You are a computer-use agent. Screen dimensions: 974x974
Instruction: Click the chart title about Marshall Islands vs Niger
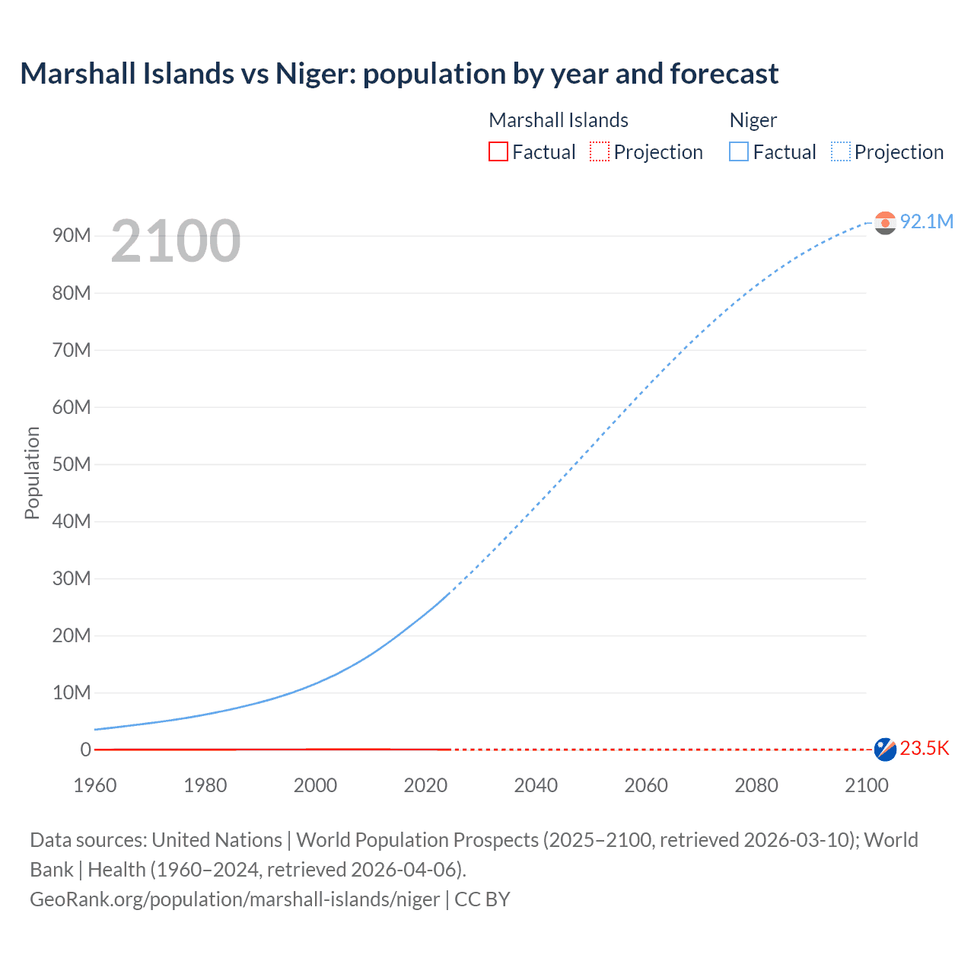tap(399, 74)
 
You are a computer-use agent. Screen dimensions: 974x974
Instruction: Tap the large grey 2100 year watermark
tap(176, 241)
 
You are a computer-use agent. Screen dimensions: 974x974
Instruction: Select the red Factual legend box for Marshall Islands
tap(498, 151)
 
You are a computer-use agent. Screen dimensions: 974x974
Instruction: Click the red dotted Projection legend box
tap(600, 151)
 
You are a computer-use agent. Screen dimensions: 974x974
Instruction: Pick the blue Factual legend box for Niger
tap(739, 151)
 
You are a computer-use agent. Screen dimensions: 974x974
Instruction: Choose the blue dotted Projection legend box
tap(841, 151)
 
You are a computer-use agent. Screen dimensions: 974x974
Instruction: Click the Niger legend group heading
tap(753, 120)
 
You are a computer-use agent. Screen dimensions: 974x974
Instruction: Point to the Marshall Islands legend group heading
tap(558, 120)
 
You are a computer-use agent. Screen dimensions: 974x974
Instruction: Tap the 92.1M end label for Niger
tap(926, 221)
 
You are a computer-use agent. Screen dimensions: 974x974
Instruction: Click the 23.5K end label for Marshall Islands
tap(924, 749)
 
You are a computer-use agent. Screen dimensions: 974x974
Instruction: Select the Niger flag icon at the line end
tap(885, 222)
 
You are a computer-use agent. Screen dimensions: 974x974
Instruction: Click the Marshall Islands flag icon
tap(885, 749)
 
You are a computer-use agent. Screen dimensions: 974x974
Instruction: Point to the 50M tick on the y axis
tap(72, 464)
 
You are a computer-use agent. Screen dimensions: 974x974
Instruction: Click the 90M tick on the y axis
tap(72, 236)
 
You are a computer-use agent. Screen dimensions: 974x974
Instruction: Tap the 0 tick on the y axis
tap(85, 750)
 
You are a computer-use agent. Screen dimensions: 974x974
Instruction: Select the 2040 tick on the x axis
tap(536, 785)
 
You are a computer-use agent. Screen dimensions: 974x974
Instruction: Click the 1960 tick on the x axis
tap(95, 785)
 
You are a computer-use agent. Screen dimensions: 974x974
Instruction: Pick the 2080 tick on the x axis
tap(756, 785)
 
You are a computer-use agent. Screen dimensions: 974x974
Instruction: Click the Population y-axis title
tap(32, 473)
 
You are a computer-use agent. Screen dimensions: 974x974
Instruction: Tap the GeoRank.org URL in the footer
tap(234, 899)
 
